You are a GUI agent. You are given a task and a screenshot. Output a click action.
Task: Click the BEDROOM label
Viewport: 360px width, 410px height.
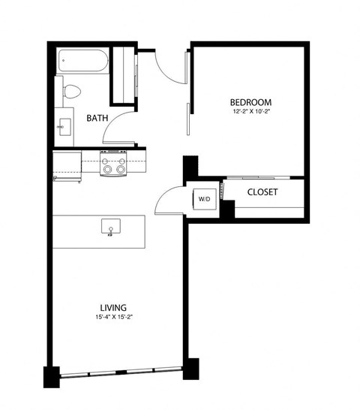250,102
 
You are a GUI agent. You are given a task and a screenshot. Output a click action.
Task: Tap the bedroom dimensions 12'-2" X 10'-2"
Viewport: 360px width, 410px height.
250,113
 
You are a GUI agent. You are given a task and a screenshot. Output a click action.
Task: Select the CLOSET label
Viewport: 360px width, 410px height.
262,192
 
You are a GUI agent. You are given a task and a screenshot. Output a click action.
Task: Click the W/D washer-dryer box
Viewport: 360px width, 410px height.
204,199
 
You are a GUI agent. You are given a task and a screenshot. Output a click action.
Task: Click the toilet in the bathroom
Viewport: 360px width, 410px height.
71,92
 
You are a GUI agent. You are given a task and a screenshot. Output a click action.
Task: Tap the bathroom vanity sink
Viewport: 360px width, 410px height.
62,125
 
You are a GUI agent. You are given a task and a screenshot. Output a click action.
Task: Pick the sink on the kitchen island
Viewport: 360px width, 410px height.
111,226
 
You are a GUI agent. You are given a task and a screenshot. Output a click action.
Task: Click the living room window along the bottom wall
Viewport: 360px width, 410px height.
120,373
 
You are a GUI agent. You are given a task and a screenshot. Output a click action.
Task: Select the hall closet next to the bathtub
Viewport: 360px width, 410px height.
122,75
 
